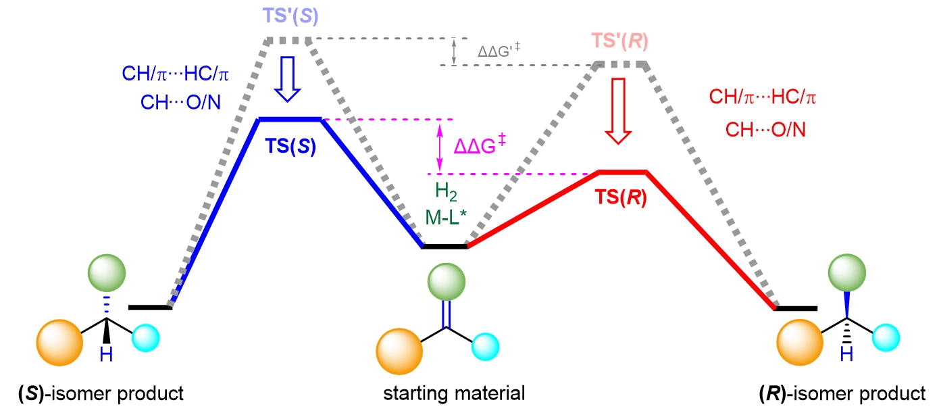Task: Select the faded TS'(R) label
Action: click(x=619, y=42)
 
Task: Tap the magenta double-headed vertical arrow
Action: click(x=440, y=146)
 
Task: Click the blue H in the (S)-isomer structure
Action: click(x=105, y=353)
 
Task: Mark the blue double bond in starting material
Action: click(x=446, y=314)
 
